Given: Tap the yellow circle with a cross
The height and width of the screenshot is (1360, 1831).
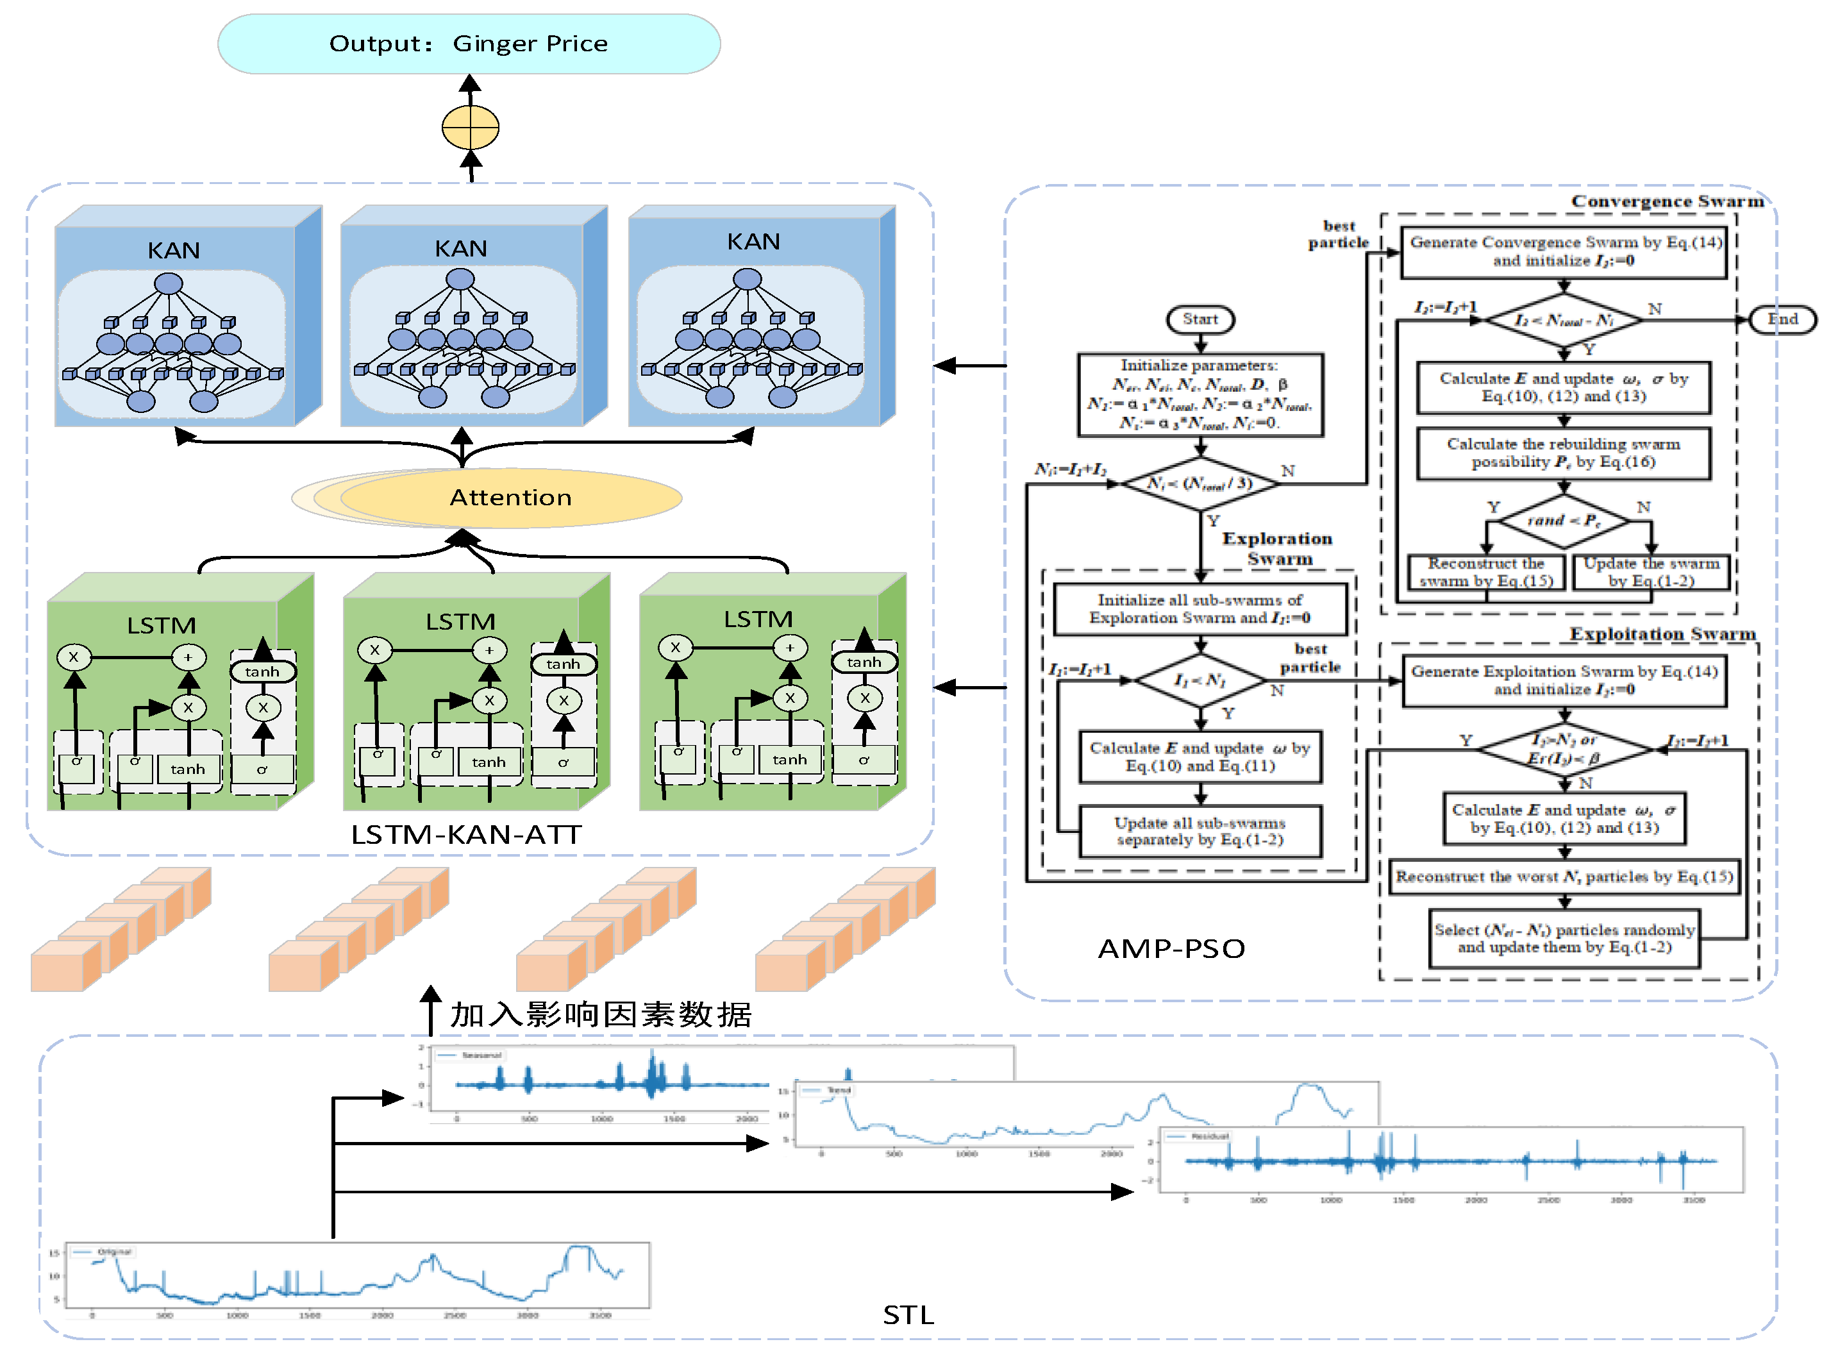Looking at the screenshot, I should pyautogui.click(x=470, y=128).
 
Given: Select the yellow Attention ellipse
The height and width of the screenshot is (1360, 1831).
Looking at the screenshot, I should pyautogui.click(x=510, y=497).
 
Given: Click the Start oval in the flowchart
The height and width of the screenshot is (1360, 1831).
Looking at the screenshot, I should pyautogui.click(x=1199, y=319).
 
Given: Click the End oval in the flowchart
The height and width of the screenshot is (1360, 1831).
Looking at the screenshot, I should pyautogui.click(x=1782, y=319).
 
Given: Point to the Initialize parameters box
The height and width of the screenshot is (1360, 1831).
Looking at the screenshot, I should pyautogui.click(x=1199, y=394).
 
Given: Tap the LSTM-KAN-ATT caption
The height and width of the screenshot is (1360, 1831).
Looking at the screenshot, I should pyautogui.click(x=466, y=835).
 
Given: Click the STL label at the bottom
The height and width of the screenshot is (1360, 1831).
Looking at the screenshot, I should pyautogui.click(x=908, y=1314).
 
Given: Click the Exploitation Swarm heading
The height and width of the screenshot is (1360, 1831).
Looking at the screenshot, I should pyautogui.click(x=1662, y=634).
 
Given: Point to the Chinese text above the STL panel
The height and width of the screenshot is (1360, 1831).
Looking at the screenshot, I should pyautogui.click(x=600, y=1014).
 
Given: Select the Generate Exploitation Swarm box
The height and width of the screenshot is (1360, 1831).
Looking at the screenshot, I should pyautogui.click(x=1564, y=680).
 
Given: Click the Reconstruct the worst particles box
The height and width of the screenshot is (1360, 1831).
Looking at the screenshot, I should pyautogui.click(x=1563, y=877).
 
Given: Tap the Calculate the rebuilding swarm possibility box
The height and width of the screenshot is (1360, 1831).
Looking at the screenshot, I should pyautogui.click(x=1563, y=453).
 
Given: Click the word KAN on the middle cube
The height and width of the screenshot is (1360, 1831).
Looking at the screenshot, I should pyautogui.click(x=461, y=249).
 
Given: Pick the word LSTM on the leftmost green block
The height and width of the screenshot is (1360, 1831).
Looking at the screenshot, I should pyautogui.click(x=162, y=626).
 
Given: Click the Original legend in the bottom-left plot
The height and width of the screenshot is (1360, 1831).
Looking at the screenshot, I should pyautogui.click(x=113, y=1252).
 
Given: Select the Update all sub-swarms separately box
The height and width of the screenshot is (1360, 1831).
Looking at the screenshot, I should pyautogui.click(x=1199, y=832).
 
